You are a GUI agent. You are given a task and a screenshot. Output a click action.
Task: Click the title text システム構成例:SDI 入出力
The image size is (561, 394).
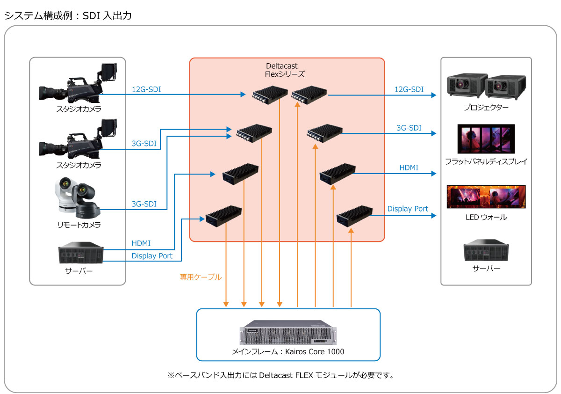coord(68,16)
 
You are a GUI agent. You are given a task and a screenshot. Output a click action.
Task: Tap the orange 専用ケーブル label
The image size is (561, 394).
coord(201,277)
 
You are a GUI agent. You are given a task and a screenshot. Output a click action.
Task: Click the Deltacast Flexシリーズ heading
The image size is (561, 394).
coord(285,70)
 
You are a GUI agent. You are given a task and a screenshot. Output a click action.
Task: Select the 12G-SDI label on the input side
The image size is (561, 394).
coord(146,89)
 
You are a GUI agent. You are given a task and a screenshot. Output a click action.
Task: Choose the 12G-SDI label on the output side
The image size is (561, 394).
coord(409,89)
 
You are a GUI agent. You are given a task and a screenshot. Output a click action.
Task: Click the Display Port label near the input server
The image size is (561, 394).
coord(152,256)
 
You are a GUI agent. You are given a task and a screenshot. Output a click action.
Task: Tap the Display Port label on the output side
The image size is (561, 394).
coord(408,209)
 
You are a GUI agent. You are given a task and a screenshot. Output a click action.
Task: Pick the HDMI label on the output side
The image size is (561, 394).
coord(409,168)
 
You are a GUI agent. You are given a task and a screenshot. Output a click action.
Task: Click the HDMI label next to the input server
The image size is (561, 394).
coord(141,244)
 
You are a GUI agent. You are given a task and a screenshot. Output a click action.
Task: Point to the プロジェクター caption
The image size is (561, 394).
coord(486,107)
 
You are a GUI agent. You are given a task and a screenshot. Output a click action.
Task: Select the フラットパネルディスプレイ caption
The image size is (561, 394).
coord(486,162)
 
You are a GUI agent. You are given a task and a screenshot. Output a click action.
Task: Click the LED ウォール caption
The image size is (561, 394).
coord(486,218)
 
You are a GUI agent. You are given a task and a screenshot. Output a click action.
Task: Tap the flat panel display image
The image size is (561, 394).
coord(486,139)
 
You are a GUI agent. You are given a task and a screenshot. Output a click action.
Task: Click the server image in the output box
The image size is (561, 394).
coord(486,251)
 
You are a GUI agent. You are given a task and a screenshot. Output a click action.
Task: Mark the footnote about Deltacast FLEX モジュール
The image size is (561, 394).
coord(280,375)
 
